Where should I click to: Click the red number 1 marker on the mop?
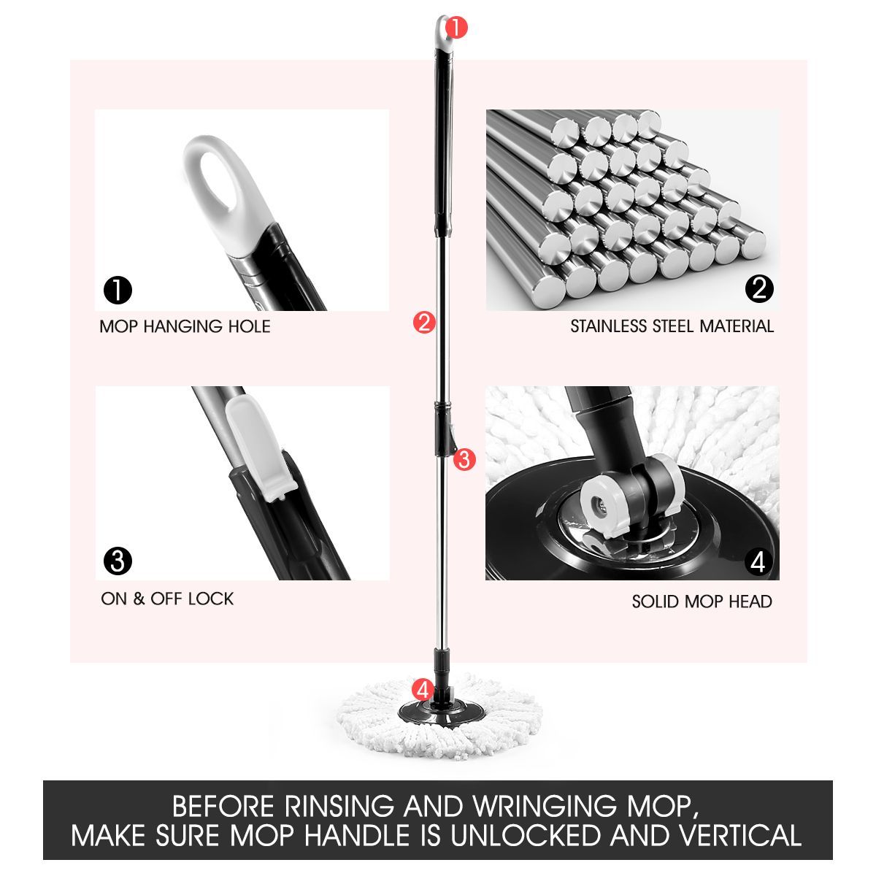[455, 28]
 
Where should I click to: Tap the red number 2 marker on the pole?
[423, 322]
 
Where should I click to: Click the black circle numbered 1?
[118, 290]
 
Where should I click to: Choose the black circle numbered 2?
[758, 289]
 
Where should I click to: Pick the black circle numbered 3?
[118, 561]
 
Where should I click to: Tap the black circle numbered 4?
[758, 562]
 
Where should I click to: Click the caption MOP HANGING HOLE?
[185, 326]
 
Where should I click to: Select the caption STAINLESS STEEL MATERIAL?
[672, 326]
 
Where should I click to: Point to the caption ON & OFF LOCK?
[167, 599]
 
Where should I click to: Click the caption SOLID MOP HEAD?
[702, 602]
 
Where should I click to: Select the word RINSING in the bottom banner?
[341, 807]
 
